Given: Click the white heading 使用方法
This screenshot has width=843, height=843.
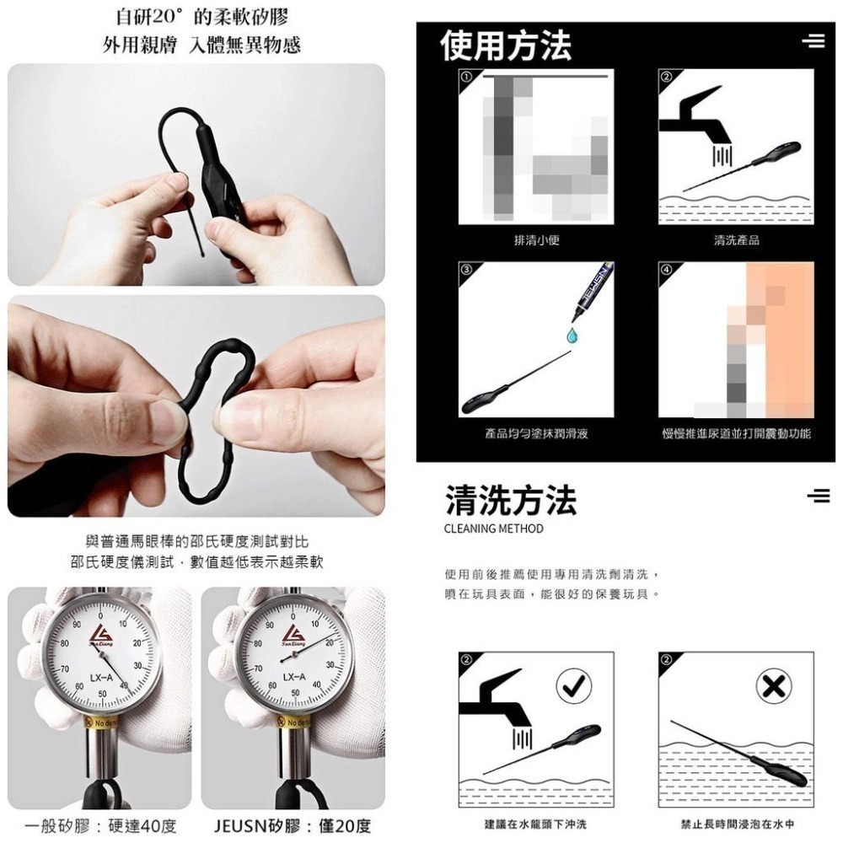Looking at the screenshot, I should tap(507, 45).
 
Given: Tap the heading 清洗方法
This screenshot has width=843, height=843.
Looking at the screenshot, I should tap(512, 500).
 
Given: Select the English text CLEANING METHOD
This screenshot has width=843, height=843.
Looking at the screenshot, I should tap(493, 529).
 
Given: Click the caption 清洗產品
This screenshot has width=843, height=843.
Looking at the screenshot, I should tap(736, 240).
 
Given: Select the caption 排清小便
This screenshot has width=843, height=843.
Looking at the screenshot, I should tap(537, 240).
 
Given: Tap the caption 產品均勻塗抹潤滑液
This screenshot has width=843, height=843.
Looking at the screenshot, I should tap(536, 433).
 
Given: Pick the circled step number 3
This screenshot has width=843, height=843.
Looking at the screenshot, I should tap(465, 268).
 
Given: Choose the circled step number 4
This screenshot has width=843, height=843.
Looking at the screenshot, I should tap(666, 268).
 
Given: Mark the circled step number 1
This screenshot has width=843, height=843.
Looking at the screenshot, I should tap(465, 77).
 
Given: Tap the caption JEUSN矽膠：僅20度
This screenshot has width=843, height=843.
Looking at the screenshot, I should tap(293, 825).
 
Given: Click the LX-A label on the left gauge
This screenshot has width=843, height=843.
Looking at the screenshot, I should tap(100, 677).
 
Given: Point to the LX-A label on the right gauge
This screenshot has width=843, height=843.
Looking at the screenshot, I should tap(294, 677).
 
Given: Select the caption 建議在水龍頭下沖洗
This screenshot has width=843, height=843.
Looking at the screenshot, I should tap(536, 824).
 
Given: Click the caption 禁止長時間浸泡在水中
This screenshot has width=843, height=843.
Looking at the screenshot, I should tap(737, 824).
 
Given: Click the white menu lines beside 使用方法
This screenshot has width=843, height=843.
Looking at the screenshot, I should tap(813, 41).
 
